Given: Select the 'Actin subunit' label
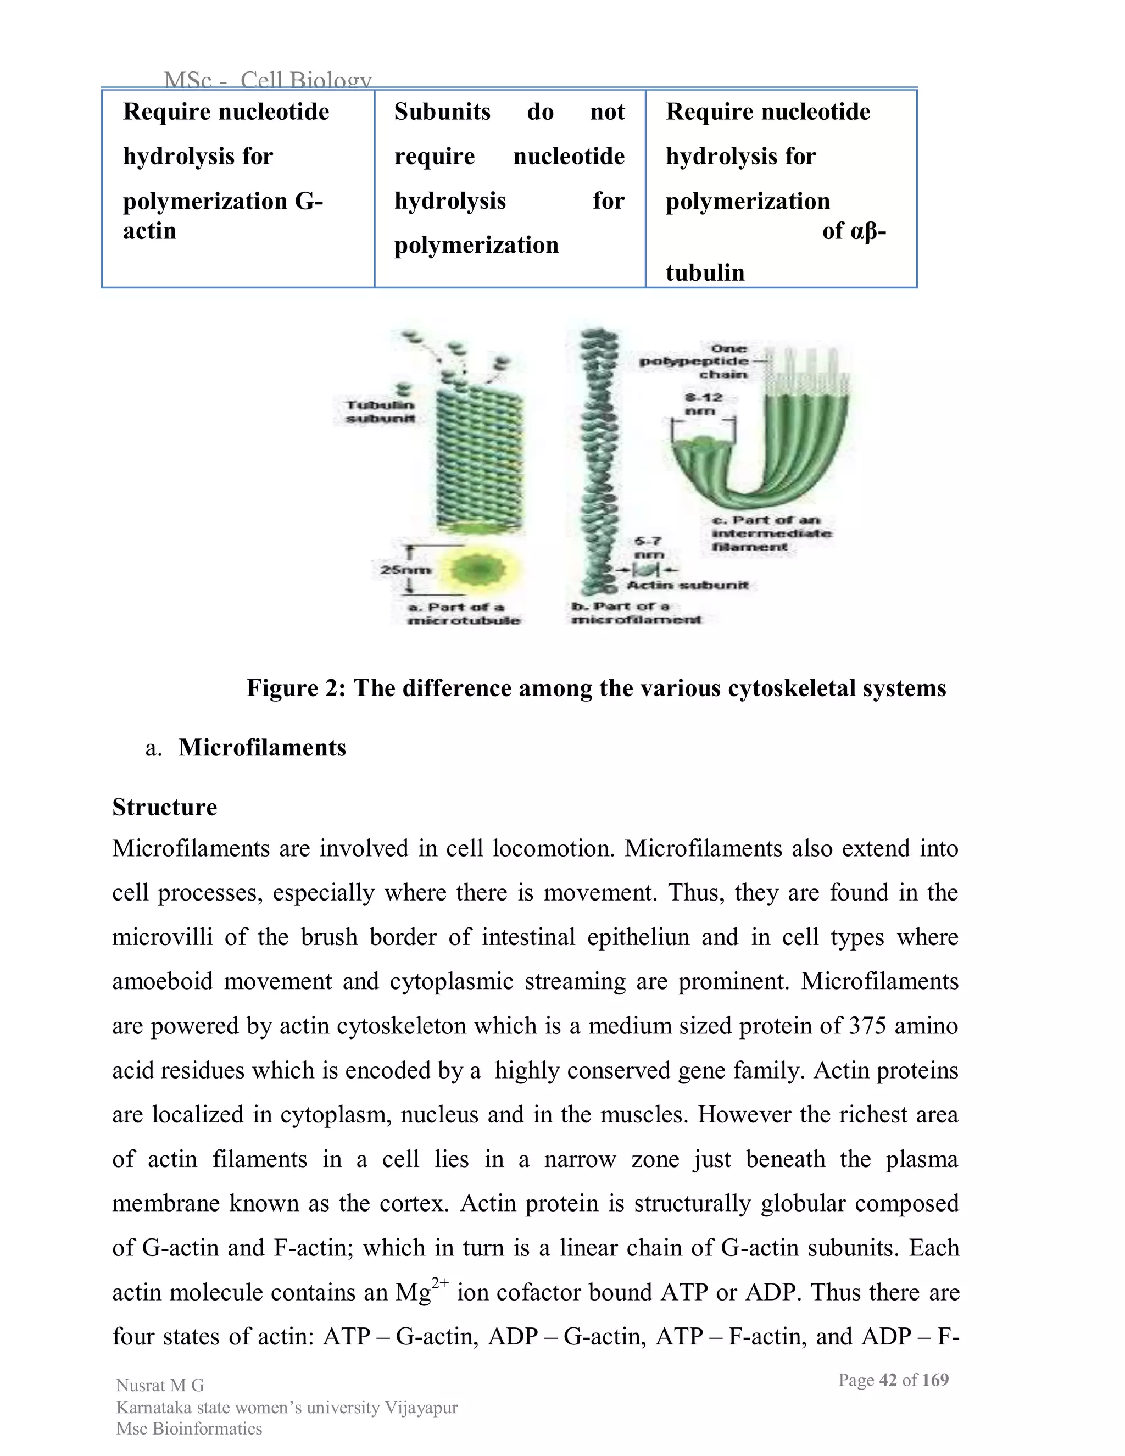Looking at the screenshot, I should (687, 585).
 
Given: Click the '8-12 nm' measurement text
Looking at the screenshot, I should (703, 404).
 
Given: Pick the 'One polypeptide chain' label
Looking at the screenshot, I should (694, 362).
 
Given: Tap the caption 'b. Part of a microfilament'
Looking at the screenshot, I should (636, 613).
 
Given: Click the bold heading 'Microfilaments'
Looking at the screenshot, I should (262, 748).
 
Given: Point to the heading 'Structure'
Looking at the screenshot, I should (165, 807).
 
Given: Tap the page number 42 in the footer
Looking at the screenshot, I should (888, 1380).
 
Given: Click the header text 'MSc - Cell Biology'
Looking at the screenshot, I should (268, 80).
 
